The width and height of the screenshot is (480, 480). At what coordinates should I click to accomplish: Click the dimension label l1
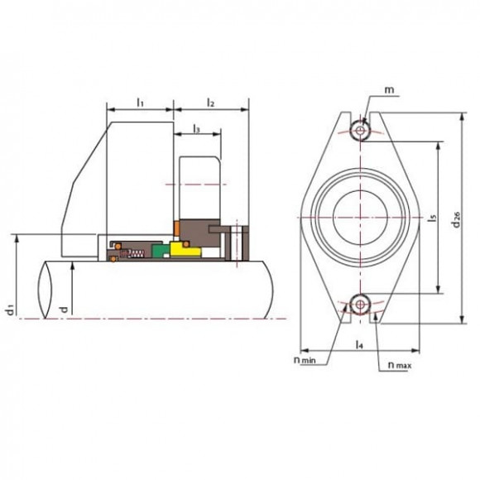coord(139,103)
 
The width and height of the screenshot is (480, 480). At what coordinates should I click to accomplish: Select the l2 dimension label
coord(210,103)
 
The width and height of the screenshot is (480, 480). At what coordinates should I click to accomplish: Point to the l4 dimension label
coord(358,343)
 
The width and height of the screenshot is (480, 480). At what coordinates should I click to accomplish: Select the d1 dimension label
coord(9,307)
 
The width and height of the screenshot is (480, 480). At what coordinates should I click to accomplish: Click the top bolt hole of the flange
coord(359,130)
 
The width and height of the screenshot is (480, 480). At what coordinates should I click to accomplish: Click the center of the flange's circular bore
coord(359,217)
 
